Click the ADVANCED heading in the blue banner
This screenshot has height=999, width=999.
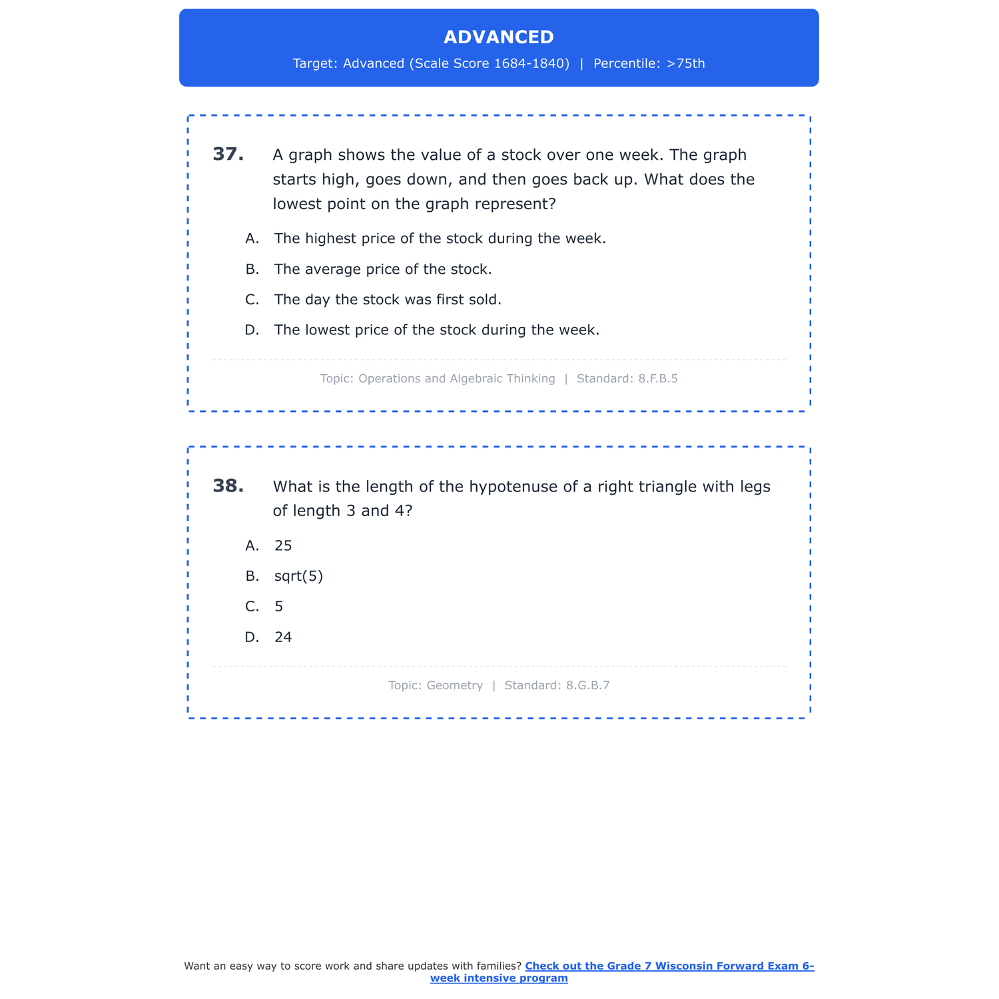(x=499, y=37)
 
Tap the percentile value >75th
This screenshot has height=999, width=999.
(x=685, y=64)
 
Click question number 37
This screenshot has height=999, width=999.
(x=228, y=155)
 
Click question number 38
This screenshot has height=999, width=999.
(x=228, y=486)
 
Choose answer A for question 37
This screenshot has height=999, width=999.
(x=440, y=238)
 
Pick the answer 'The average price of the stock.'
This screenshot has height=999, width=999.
(x=383, y=270)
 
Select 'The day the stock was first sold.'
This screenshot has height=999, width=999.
(x=388, y=300)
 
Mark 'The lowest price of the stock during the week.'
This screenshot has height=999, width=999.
(x=437, y=330)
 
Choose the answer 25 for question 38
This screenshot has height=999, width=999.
(x=283, y=546)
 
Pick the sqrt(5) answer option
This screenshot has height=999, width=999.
(x=298, y=576)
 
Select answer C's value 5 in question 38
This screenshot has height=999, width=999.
(x=279, y=607)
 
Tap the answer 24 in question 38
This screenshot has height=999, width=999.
(x=283, y=637)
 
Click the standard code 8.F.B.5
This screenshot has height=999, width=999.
(x=657, y=379)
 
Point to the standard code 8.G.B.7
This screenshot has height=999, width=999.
(x=587, y=685)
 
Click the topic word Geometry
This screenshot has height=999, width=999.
(x=454, y=685)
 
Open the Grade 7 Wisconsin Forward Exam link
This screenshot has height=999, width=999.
(x=669, y=966)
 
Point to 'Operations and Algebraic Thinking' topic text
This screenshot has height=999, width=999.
(x=456, y=379)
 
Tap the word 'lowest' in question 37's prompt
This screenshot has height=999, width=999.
(x=297, y=204)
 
